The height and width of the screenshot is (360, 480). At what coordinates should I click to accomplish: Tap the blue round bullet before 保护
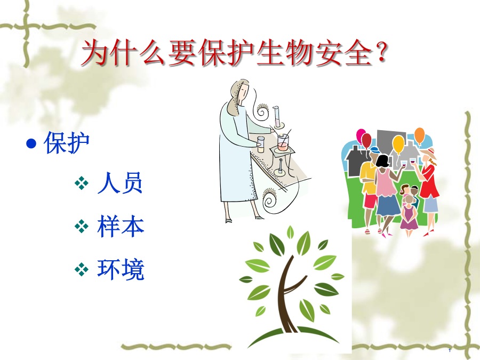(x=31, y=143)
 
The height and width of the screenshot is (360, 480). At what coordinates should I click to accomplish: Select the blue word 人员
(x=120, y=183)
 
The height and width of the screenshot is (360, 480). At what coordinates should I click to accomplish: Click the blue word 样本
(x=121, y=226)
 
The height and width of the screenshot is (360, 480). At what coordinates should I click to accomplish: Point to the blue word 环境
(x=121, y=269)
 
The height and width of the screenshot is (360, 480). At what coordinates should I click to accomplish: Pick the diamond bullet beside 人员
(x=82, y=183)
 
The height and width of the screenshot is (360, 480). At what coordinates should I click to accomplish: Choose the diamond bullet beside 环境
(x=82, y=269)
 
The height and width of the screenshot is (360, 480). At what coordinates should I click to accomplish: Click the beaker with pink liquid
(x=283, y=142)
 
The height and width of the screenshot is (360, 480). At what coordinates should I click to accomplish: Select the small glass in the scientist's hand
(x=260, y=145)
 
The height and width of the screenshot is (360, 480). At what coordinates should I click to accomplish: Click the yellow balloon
(x=398, y=145)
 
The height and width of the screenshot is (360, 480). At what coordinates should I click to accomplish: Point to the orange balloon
(x=419, y=136)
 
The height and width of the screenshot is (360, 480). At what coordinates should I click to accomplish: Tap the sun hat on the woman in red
(x=429, y=154)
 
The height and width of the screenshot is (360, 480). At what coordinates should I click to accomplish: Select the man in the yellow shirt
(x=368, y=190)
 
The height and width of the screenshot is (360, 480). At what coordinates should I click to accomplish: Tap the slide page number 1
(x=450, y=350)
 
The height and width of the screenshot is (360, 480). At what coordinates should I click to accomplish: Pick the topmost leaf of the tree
(x=290, y=232)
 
